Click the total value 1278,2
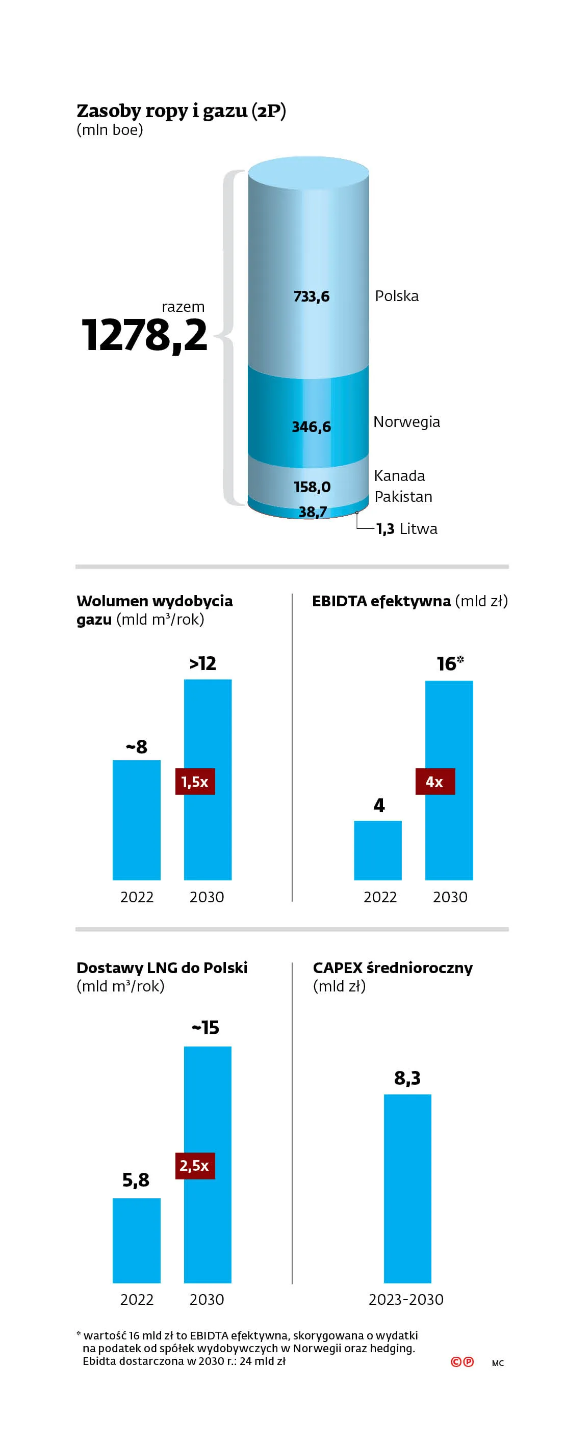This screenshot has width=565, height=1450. click(x=144, y=335)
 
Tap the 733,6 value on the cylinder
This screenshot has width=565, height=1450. click(x=311, y=296)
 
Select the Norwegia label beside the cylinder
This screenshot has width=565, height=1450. click(x=407, y=422)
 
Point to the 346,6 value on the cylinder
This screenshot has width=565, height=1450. click(x=311, y=426)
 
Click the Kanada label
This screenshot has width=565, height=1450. click(x=399, y=476)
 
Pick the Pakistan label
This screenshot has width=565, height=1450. click(x=403, y=496)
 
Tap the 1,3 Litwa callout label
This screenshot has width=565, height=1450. click(x=407, y=528)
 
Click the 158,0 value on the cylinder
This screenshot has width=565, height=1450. click(x=312, y=487)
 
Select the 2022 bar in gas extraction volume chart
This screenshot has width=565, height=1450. click(x=136, y=820)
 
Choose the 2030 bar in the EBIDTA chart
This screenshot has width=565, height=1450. click(x=449, y=780)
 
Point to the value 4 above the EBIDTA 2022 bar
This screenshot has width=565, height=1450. click(x=379, y=805)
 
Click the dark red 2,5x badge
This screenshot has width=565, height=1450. click(x=195, y=1165)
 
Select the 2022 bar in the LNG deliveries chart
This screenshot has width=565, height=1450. click(x=136, y=1241)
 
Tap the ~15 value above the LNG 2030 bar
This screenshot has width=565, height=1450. click(x=206, y=1027)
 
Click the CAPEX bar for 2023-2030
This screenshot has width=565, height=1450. click(x=407, y=1189)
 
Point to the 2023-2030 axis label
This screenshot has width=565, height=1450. click(x=406, y=1299)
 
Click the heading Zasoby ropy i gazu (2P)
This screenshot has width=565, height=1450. click(x=182, y=111)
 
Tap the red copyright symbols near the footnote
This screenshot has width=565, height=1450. click(x=462, y=1362)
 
